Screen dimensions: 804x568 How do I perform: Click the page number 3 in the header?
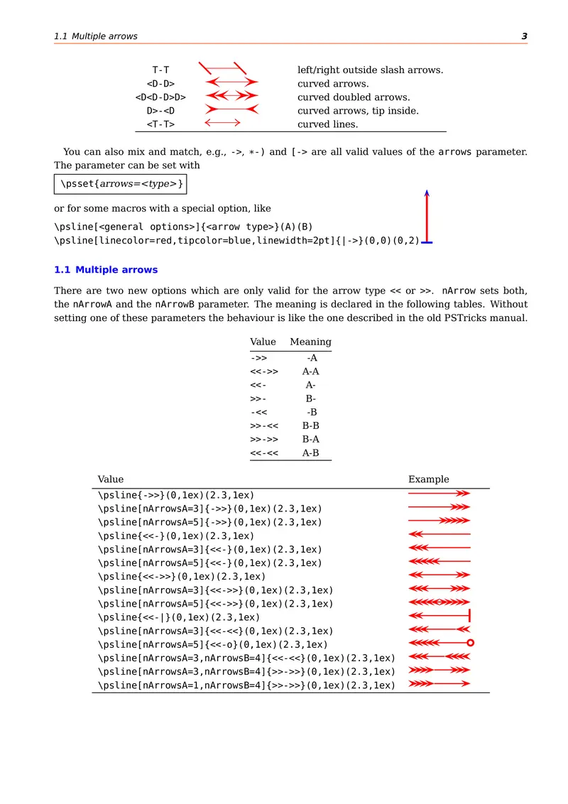[524, 36]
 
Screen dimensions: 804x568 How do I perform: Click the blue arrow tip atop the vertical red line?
[427, 192]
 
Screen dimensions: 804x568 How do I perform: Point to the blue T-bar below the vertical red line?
[427, 242]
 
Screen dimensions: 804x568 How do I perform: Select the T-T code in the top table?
[160, 70]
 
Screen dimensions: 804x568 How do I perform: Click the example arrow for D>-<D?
[231, 111]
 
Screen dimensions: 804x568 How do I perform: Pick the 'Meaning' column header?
[310, 342]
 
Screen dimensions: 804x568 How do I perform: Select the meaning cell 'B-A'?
[310, 439]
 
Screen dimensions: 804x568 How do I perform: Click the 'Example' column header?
[428, 479]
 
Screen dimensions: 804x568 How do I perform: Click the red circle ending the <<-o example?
[470, 643]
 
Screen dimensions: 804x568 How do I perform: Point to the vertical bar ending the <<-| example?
[470, 616]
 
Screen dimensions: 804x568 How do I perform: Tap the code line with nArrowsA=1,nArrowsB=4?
[246, 685]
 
